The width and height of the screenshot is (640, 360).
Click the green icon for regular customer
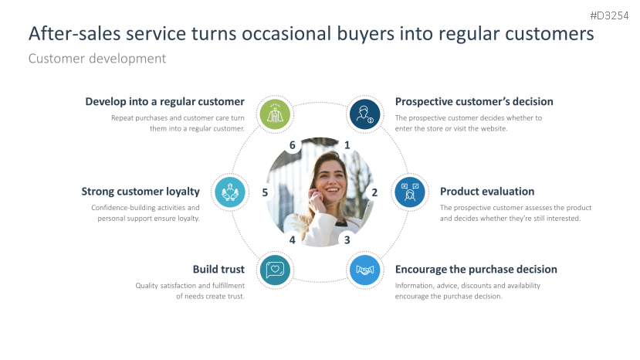point(274,114)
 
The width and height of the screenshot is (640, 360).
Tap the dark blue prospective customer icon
point(364,114)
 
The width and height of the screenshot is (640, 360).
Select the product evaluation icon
point(410,192)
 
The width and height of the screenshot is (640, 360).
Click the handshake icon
point(364,270)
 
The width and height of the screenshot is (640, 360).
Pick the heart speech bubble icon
point(274,270)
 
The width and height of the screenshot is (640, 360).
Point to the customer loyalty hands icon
point(229,192)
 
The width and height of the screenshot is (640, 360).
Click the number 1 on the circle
point(347,144)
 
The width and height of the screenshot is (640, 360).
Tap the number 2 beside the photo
point(374,192)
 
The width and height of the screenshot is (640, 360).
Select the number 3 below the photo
point(347,239)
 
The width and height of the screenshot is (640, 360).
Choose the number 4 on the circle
point(292,239)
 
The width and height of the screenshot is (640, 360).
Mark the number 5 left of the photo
point(265,192)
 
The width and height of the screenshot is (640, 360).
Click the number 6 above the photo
point(292,144)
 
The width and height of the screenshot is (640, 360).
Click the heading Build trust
point(218,270)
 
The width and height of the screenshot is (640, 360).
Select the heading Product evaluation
point(487,192)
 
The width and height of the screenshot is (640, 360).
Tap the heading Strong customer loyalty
point(141,192)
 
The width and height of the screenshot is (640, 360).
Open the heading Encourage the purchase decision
point(476,270)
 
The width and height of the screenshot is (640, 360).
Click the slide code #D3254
point(609,15)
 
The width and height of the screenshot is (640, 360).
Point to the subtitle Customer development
point(97,58)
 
